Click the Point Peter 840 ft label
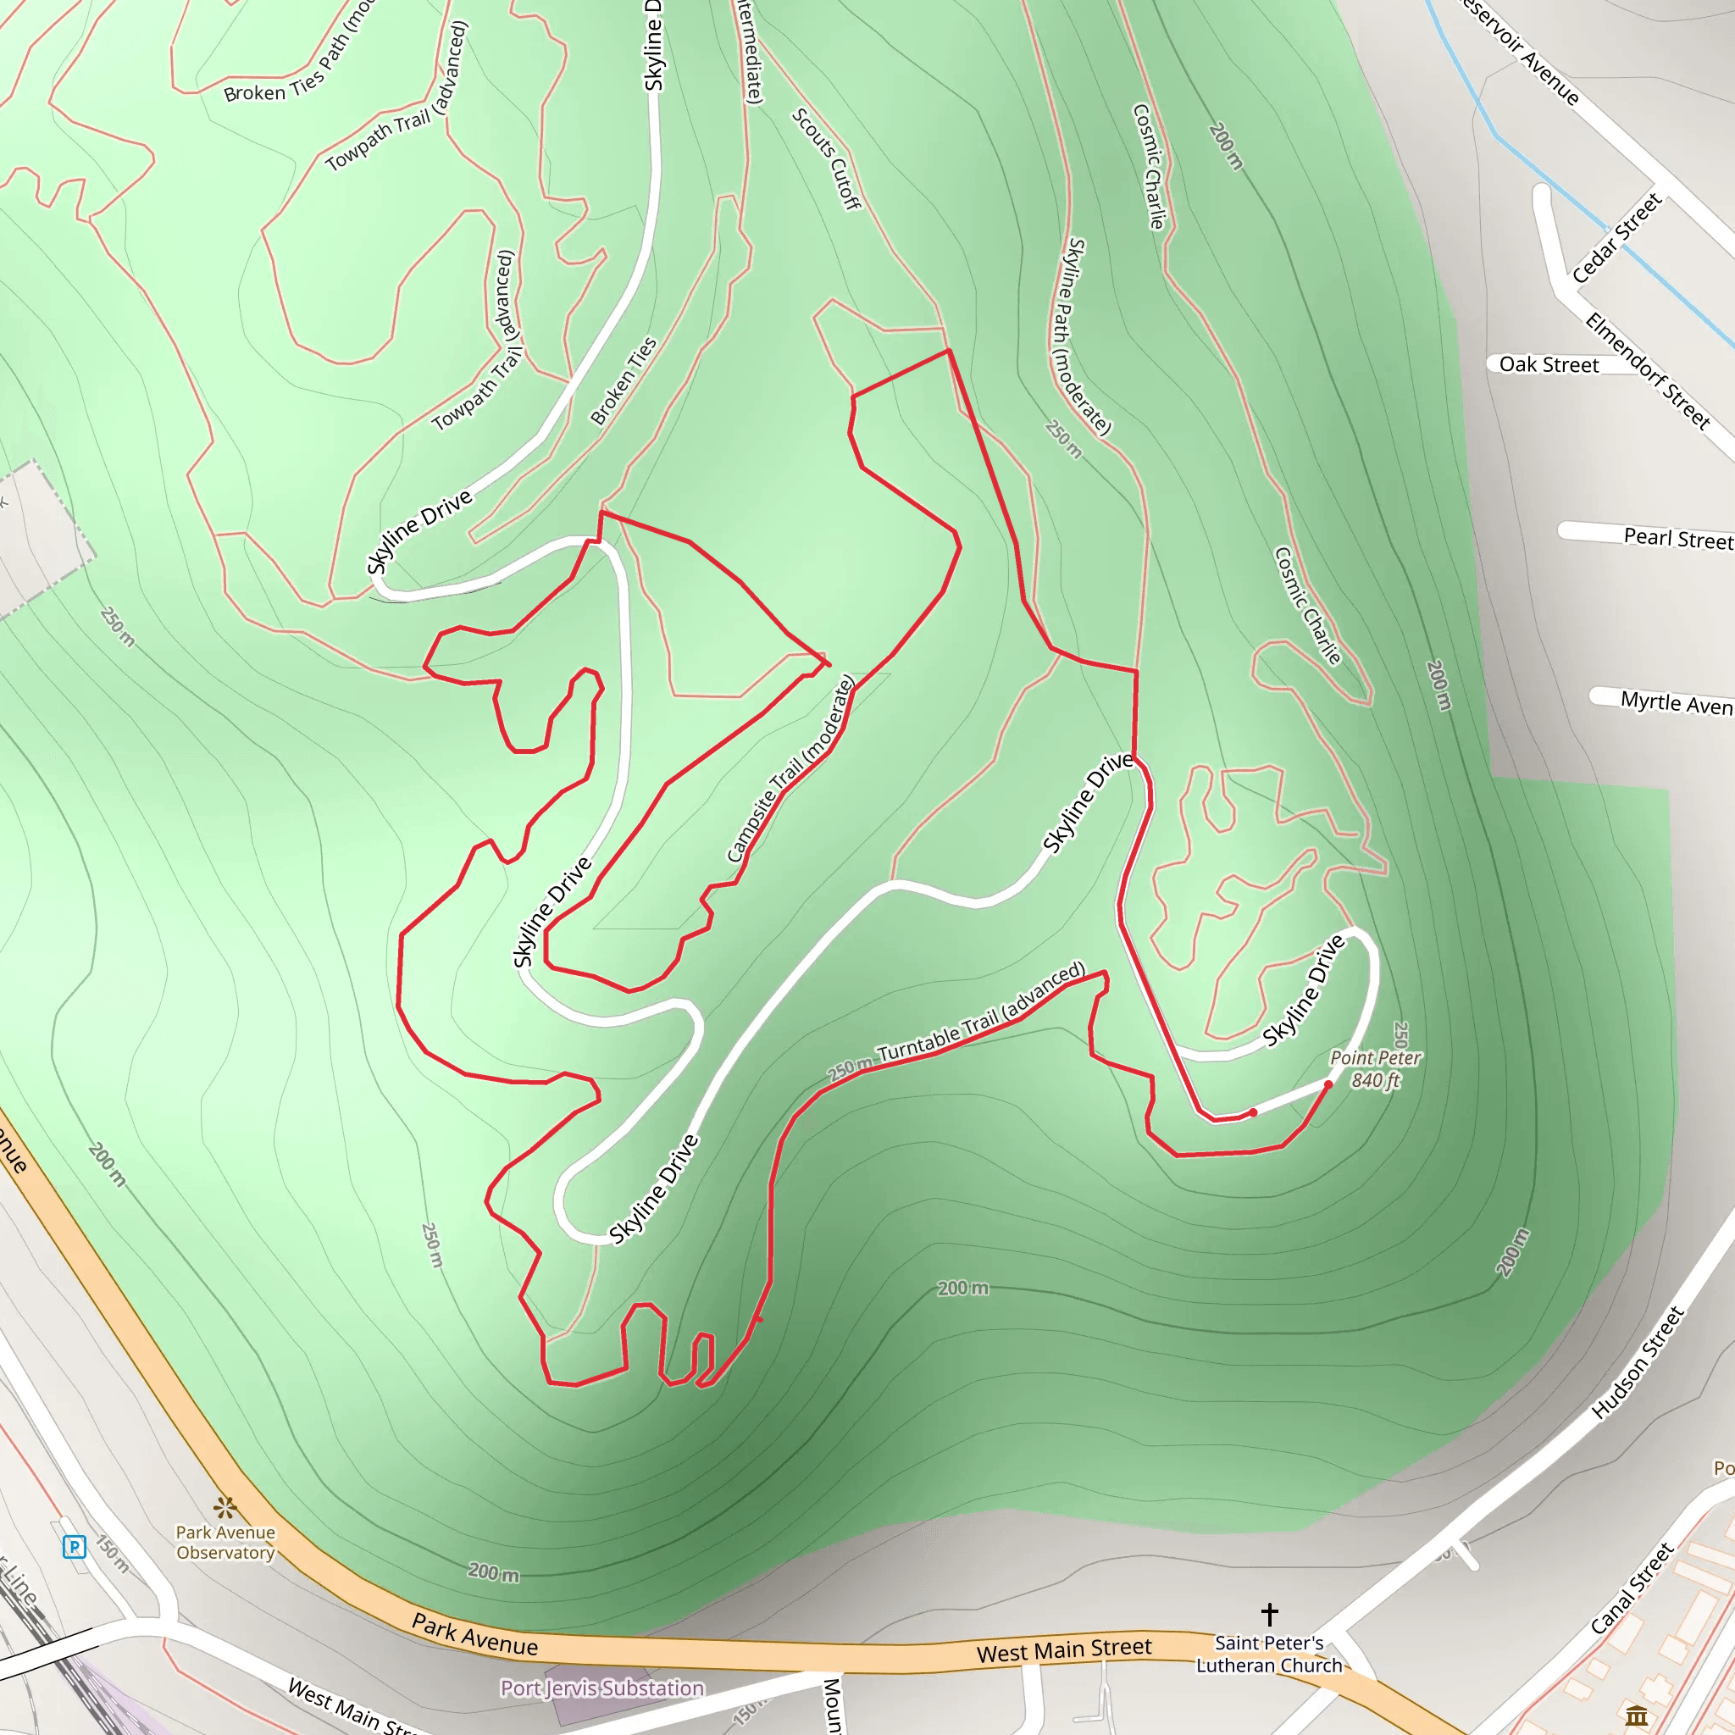(1375, 1068)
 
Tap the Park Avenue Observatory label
(225, 1542)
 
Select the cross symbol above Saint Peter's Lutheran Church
(1269, 1614)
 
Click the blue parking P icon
(75, 1546)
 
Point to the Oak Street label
(1549, 364)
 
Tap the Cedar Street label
(1616, 238)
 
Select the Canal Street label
(1632, 1588)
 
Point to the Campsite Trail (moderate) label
(790, 769)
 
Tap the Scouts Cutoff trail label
(826, 159)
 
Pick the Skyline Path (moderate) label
(1089, 337)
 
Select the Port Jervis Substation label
(601, 1688)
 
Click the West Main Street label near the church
(1063, 1650)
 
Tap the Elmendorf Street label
(1647, 370)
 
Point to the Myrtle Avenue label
(1676, 702)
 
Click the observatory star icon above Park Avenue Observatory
(225, 1506)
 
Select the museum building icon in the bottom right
(1636, 1716)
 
